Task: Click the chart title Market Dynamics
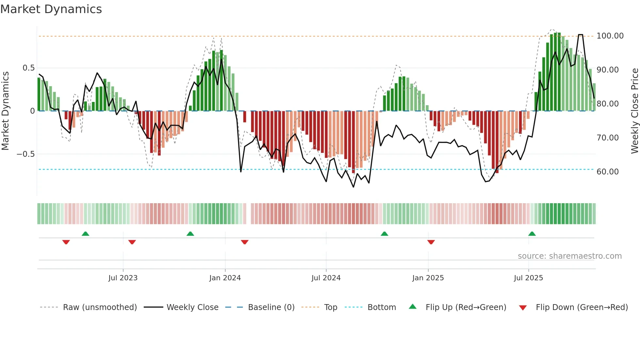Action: coord(51,9)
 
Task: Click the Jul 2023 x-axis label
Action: coord(123,278)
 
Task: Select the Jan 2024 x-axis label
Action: coord(225,278)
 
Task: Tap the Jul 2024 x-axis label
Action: coord(326,278)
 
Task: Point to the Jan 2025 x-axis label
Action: coord(428,278)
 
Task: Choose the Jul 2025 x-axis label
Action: coord(528,278)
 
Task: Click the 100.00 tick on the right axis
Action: coord(610,36)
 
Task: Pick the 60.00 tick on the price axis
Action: coord(607,172)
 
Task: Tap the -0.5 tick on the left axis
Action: coord(26,154)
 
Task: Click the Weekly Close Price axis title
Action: coord(634,111)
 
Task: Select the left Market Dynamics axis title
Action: coord(5,111)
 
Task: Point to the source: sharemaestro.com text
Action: coord(569,256)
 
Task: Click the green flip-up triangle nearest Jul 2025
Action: coord(532,234)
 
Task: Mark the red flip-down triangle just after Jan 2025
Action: coord(431,242)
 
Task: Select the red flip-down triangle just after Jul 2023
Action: coord(132,242)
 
